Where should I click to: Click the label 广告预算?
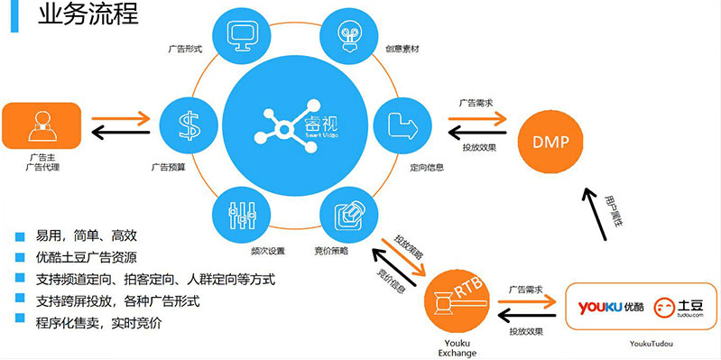[168, 167]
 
